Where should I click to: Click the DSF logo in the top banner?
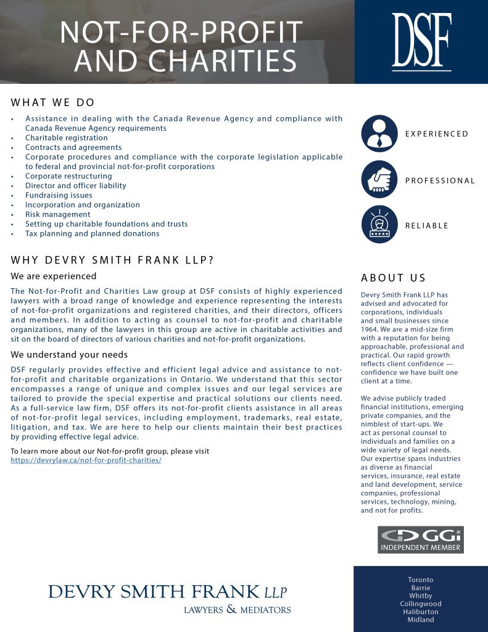(x=421, y=41)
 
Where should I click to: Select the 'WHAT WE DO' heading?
(x=53, y=102)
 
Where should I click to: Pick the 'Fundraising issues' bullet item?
(x=59, y=195)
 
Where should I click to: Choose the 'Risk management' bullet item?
(x=57, y=214)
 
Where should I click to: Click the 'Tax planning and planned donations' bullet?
(x=92, y=233)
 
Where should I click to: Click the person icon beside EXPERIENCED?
(x=379, y=133)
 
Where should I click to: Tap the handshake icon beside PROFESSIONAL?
(x=379, y=180)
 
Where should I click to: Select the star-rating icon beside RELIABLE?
(x=379, y=225)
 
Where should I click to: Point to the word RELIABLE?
(x=427, y=225)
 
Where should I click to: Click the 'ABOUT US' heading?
(x=394, y=278)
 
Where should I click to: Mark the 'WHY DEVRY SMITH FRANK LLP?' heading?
(x=112, y=260)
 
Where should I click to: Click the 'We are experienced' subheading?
(x=54, y=276)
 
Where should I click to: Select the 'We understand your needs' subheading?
(x=69, y=354)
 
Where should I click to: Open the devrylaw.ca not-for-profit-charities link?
(x=86, y=460)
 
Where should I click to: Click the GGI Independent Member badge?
(x=420, y=539)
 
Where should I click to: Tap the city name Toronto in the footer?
(x=421, y=580)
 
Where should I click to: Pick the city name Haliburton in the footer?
(x=421, y=612)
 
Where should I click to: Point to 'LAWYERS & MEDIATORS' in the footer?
(x=237, y=610)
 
